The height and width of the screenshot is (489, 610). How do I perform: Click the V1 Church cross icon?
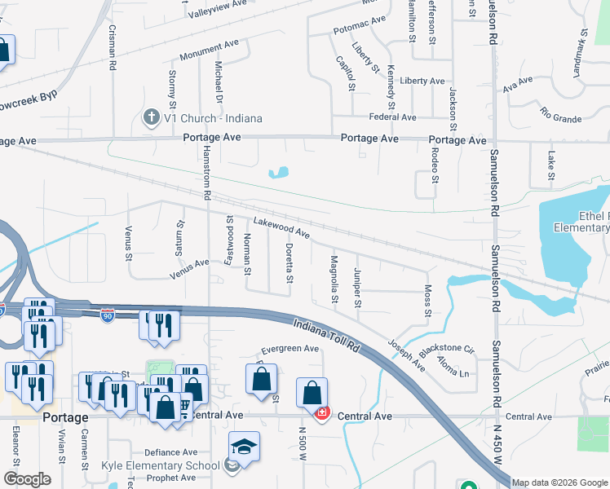click(151, 118)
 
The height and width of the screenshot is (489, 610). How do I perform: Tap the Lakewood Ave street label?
click(281, 227)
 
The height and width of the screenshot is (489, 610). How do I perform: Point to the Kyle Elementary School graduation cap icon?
click(243, 447)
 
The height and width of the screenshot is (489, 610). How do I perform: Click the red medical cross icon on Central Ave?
click(322, 414)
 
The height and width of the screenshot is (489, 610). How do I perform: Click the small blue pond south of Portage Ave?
click(279, 172)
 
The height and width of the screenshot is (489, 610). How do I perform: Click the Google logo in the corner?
click(27, 479)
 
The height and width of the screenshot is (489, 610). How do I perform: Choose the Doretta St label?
click(289, 262)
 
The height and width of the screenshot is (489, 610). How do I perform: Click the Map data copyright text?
click(559, 482)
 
